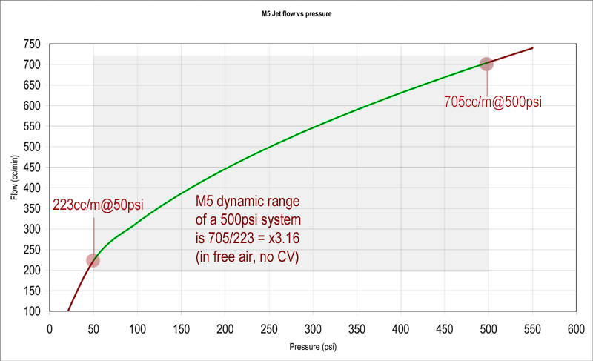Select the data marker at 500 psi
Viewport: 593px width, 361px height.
[x=486, y=64]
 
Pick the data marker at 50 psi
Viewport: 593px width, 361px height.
[x=93, y=260]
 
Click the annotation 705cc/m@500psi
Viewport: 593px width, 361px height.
[x=492, y=102]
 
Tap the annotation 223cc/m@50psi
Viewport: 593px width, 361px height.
[x=98, y=205]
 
